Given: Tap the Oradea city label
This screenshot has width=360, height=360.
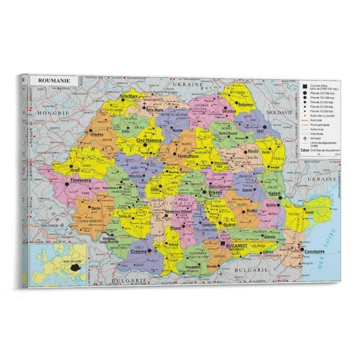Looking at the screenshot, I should [95, 134].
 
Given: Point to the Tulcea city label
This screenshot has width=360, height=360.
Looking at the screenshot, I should [309, 211].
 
